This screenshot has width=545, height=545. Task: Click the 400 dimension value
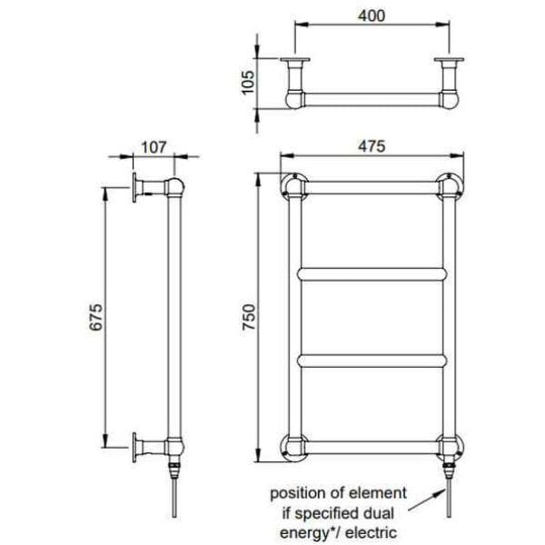pyautogui.click(x=372, y=15)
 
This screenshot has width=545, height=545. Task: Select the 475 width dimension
pyautogui.click(x=372, y=145)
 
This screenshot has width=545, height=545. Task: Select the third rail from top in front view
pyautogui.click(x=372, y=360)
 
